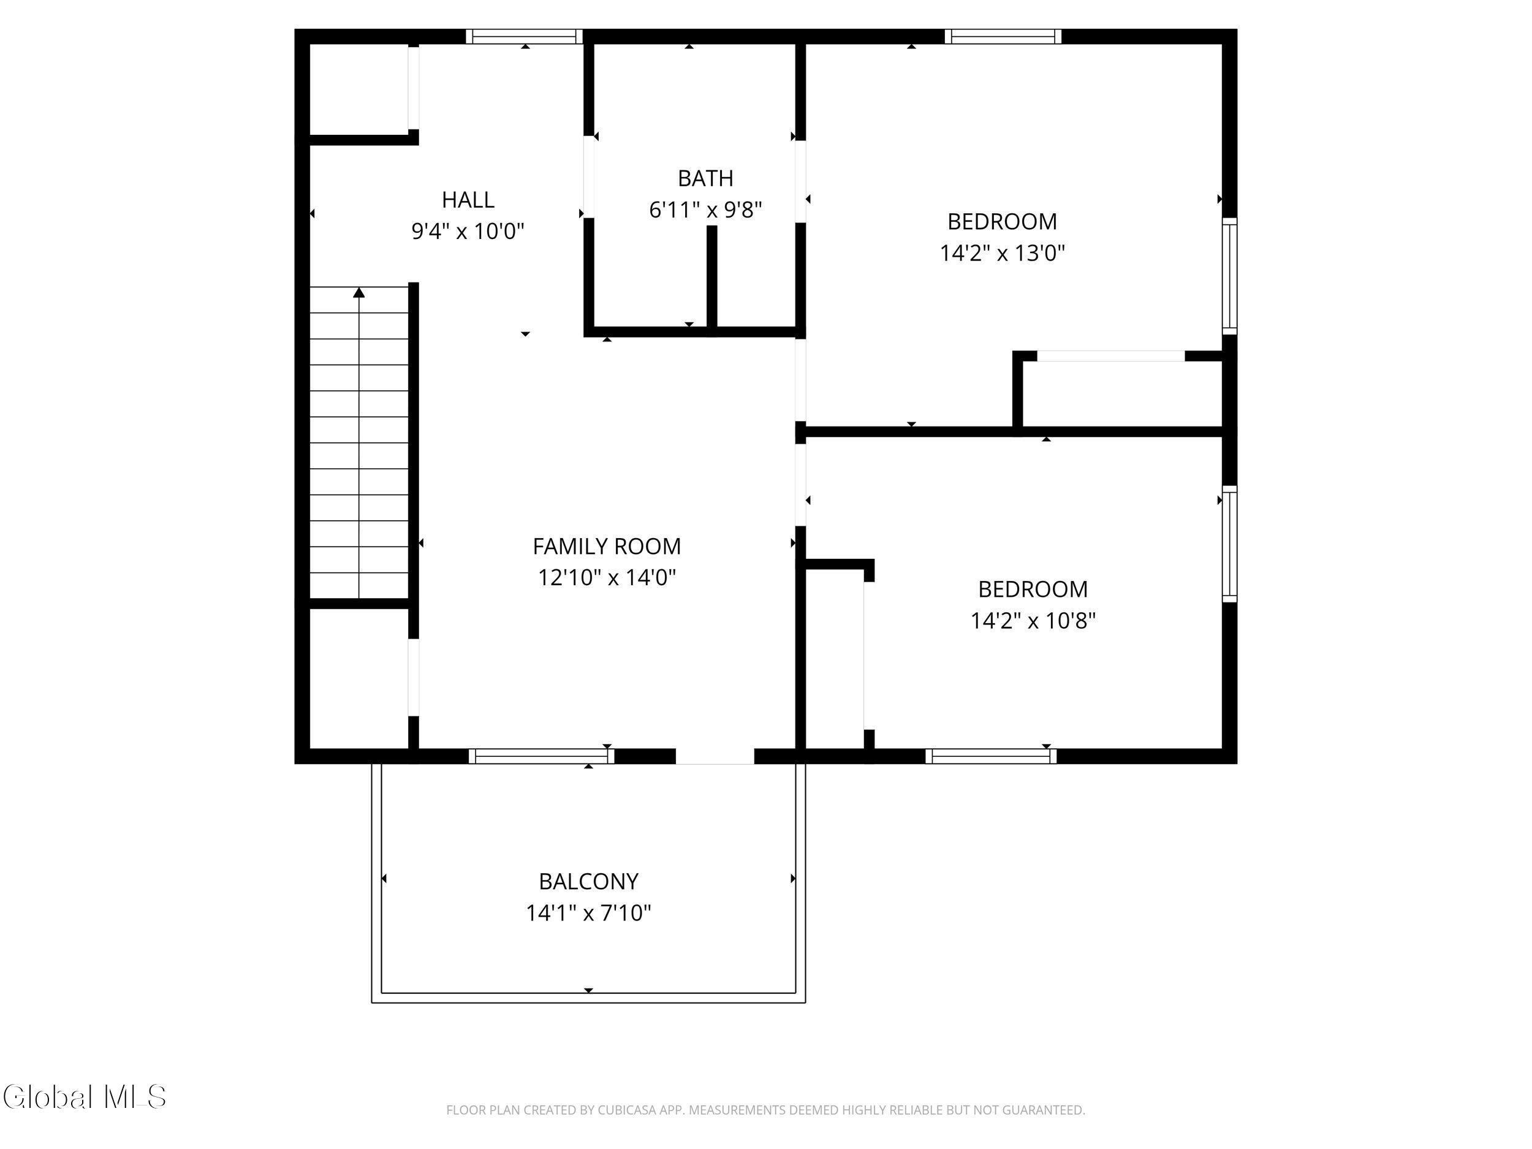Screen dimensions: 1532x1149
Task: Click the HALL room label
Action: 468,199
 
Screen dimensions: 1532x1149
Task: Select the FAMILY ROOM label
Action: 607,547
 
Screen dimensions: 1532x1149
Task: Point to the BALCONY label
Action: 588,882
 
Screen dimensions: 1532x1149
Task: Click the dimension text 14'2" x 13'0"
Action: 1001,253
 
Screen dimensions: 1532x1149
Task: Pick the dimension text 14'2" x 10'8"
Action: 1033,621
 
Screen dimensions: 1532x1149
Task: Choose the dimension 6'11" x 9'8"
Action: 705,209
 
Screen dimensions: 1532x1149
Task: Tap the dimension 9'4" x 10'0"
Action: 468,230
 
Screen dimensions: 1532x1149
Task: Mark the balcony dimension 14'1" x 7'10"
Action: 588,913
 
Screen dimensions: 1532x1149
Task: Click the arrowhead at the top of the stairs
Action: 358,292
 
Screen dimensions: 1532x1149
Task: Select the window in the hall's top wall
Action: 523,37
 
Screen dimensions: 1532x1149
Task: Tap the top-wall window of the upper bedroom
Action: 1003,37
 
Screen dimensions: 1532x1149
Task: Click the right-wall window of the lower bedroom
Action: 1229,544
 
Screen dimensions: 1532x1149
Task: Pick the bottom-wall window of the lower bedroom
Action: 991,756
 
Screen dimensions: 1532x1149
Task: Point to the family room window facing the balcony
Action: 542,756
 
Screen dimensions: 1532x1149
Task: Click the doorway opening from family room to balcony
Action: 715,756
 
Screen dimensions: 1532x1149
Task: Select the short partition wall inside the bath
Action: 711,276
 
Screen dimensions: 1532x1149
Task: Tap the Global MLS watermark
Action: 85,1096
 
